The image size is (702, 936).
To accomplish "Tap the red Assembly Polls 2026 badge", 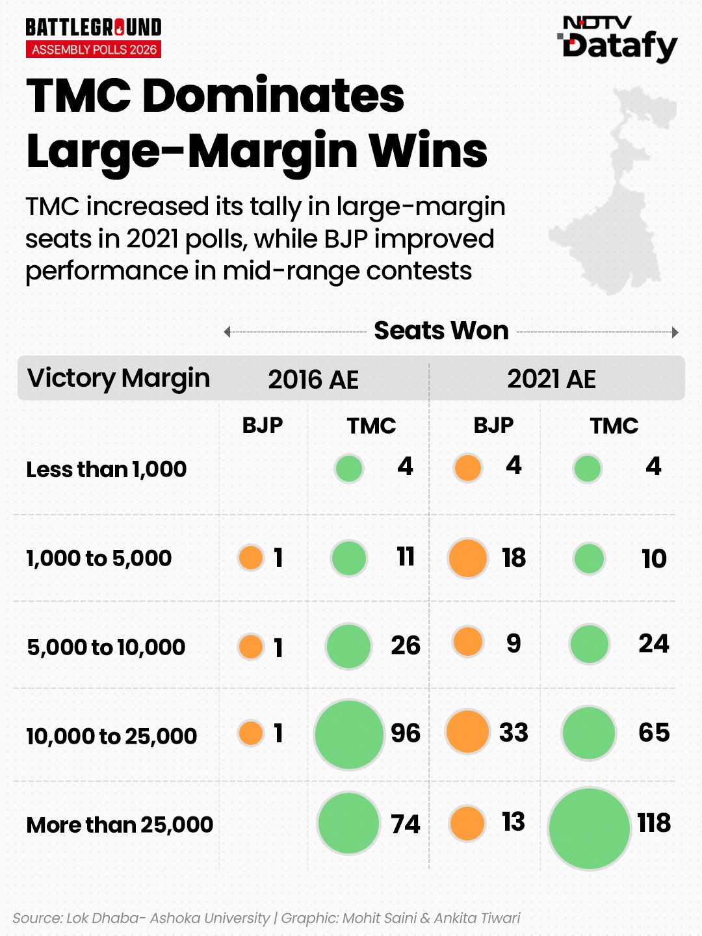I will (94, 49).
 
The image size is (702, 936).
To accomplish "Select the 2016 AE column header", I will (313, 380).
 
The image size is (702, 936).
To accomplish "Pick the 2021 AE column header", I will (551, 379).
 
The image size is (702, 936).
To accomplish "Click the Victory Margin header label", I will (118, 378).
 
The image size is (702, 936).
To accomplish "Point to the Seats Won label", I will (441, 331).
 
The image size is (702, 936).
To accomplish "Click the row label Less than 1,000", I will (107, 469).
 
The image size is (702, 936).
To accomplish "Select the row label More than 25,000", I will (120, 825).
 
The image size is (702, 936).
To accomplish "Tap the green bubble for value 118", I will (589, 829).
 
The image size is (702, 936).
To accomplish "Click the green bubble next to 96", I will (349, 734).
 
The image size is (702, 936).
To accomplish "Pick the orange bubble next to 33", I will (467, 732).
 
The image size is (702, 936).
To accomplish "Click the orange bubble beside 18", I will (467, 558).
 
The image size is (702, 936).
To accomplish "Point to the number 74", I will (406, 824).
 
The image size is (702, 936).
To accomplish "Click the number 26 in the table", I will (406, 645).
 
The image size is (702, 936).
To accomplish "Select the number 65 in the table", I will (654, 733).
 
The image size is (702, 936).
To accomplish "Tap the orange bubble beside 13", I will (467, 823).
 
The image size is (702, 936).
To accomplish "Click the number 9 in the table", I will (513, 643).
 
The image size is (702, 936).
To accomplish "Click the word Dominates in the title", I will (273, 96).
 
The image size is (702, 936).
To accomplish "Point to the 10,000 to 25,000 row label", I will (111, 736).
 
